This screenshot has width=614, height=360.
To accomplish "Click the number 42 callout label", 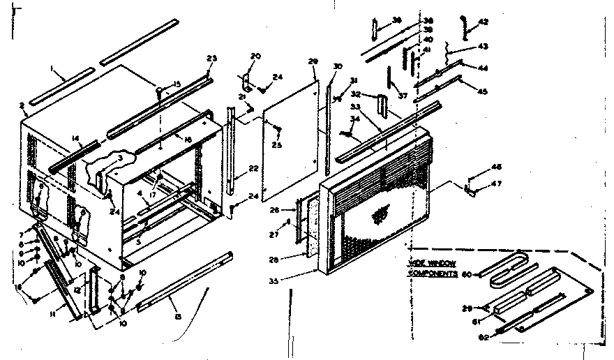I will [484, 22].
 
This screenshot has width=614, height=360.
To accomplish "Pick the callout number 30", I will [338, 66].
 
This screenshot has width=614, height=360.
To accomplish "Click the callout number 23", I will [212, 58].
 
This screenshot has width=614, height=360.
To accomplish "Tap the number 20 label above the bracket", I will [255, 56].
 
